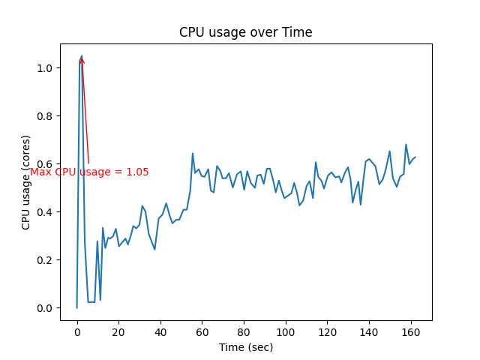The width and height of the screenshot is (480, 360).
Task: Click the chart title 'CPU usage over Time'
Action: point(245,32)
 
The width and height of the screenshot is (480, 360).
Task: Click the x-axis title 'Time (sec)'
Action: point(245,347)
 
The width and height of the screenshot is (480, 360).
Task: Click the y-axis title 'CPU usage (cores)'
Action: point(26,181)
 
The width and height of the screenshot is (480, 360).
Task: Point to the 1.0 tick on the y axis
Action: point(45,68)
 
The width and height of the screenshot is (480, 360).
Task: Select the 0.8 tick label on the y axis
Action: point(45,116)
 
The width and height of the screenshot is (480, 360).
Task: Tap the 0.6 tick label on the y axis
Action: point(45,164)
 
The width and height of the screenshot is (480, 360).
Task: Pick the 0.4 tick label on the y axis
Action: point(45,212)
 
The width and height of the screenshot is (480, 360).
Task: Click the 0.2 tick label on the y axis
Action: point(45,260)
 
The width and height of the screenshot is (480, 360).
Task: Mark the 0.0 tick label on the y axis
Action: point(45,308)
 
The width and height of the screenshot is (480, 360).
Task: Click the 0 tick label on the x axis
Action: point(77,331)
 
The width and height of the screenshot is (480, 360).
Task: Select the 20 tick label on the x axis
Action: point(118,331)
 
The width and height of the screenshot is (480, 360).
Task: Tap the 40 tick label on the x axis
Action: point(160,331)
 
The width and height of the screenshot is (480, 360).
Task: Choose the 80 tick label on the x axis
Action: point(244,331)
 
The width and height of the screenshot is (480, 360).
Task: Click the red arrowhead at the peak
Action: point(82,59)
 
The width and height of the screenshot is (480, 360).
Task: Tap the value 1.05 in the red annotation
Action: point(137,172)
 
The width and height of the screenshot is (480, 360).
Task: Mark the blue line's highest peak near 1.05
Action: point(81,56)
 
